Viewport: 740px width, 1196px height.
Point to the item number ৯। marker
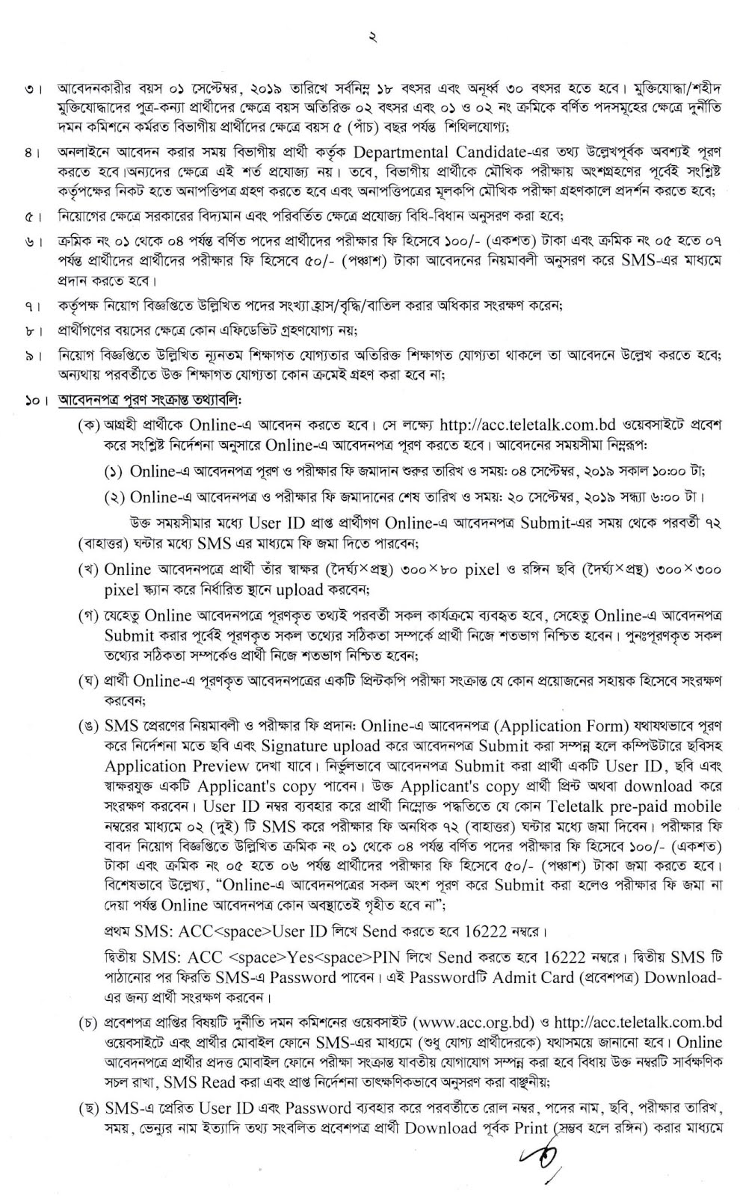click(x=31, y=356)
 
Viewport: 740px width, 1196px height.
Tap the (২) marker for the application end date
click(x=114, y=497)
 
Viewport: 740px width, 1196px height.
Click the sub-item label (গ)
click(x=90, y=617)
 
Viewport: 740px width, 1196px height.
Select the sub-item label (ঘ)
click(x=90, y=681)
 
